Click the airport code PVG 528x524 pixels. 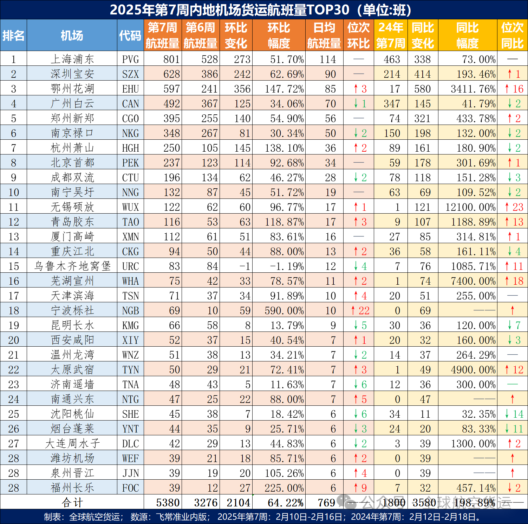pyautogui.click(x=130, y=59)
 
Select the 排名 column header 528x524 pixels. pyautogui.click(x=13, y=36)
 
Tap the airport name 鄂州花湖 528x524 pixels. pyautogui.click(x=72, y=89)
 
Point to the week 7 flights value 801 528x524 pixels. pyautogui.click(x=171, y=59)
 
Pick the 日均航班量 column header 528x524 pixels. pyautogui.click(x=324, y=36)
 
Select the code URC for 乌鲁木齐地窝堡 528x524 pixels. pyautogui.click(x=130, y=266)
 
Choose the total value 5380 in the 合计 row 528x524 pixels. pyautogui.click(x=168, y=503)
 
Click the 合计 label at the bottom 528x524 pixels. pyautogui.click(x=72, y=503)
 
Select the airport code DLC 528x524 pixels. pyautogui.click(x=130, y=443)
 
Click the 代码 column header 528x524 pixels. pyautogui.click(x=130, y=36)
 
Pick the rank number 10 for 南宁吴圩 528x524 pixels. pyautogui.click(x=13, y=192)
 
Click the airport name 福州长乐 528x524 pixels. pyautogui.click(x=72, y=488)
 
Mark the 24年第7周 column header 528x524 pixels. pyautogui.click(x=391, y=36)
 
